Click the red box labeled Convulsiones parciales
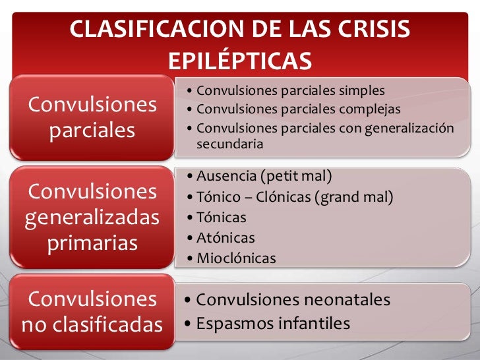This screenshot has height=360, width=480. tap(92, 117)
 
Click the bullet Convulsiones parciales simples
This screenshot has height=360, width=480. tap(290, 90)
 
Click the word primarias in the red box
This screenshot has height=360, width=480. tap(92, 243)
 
